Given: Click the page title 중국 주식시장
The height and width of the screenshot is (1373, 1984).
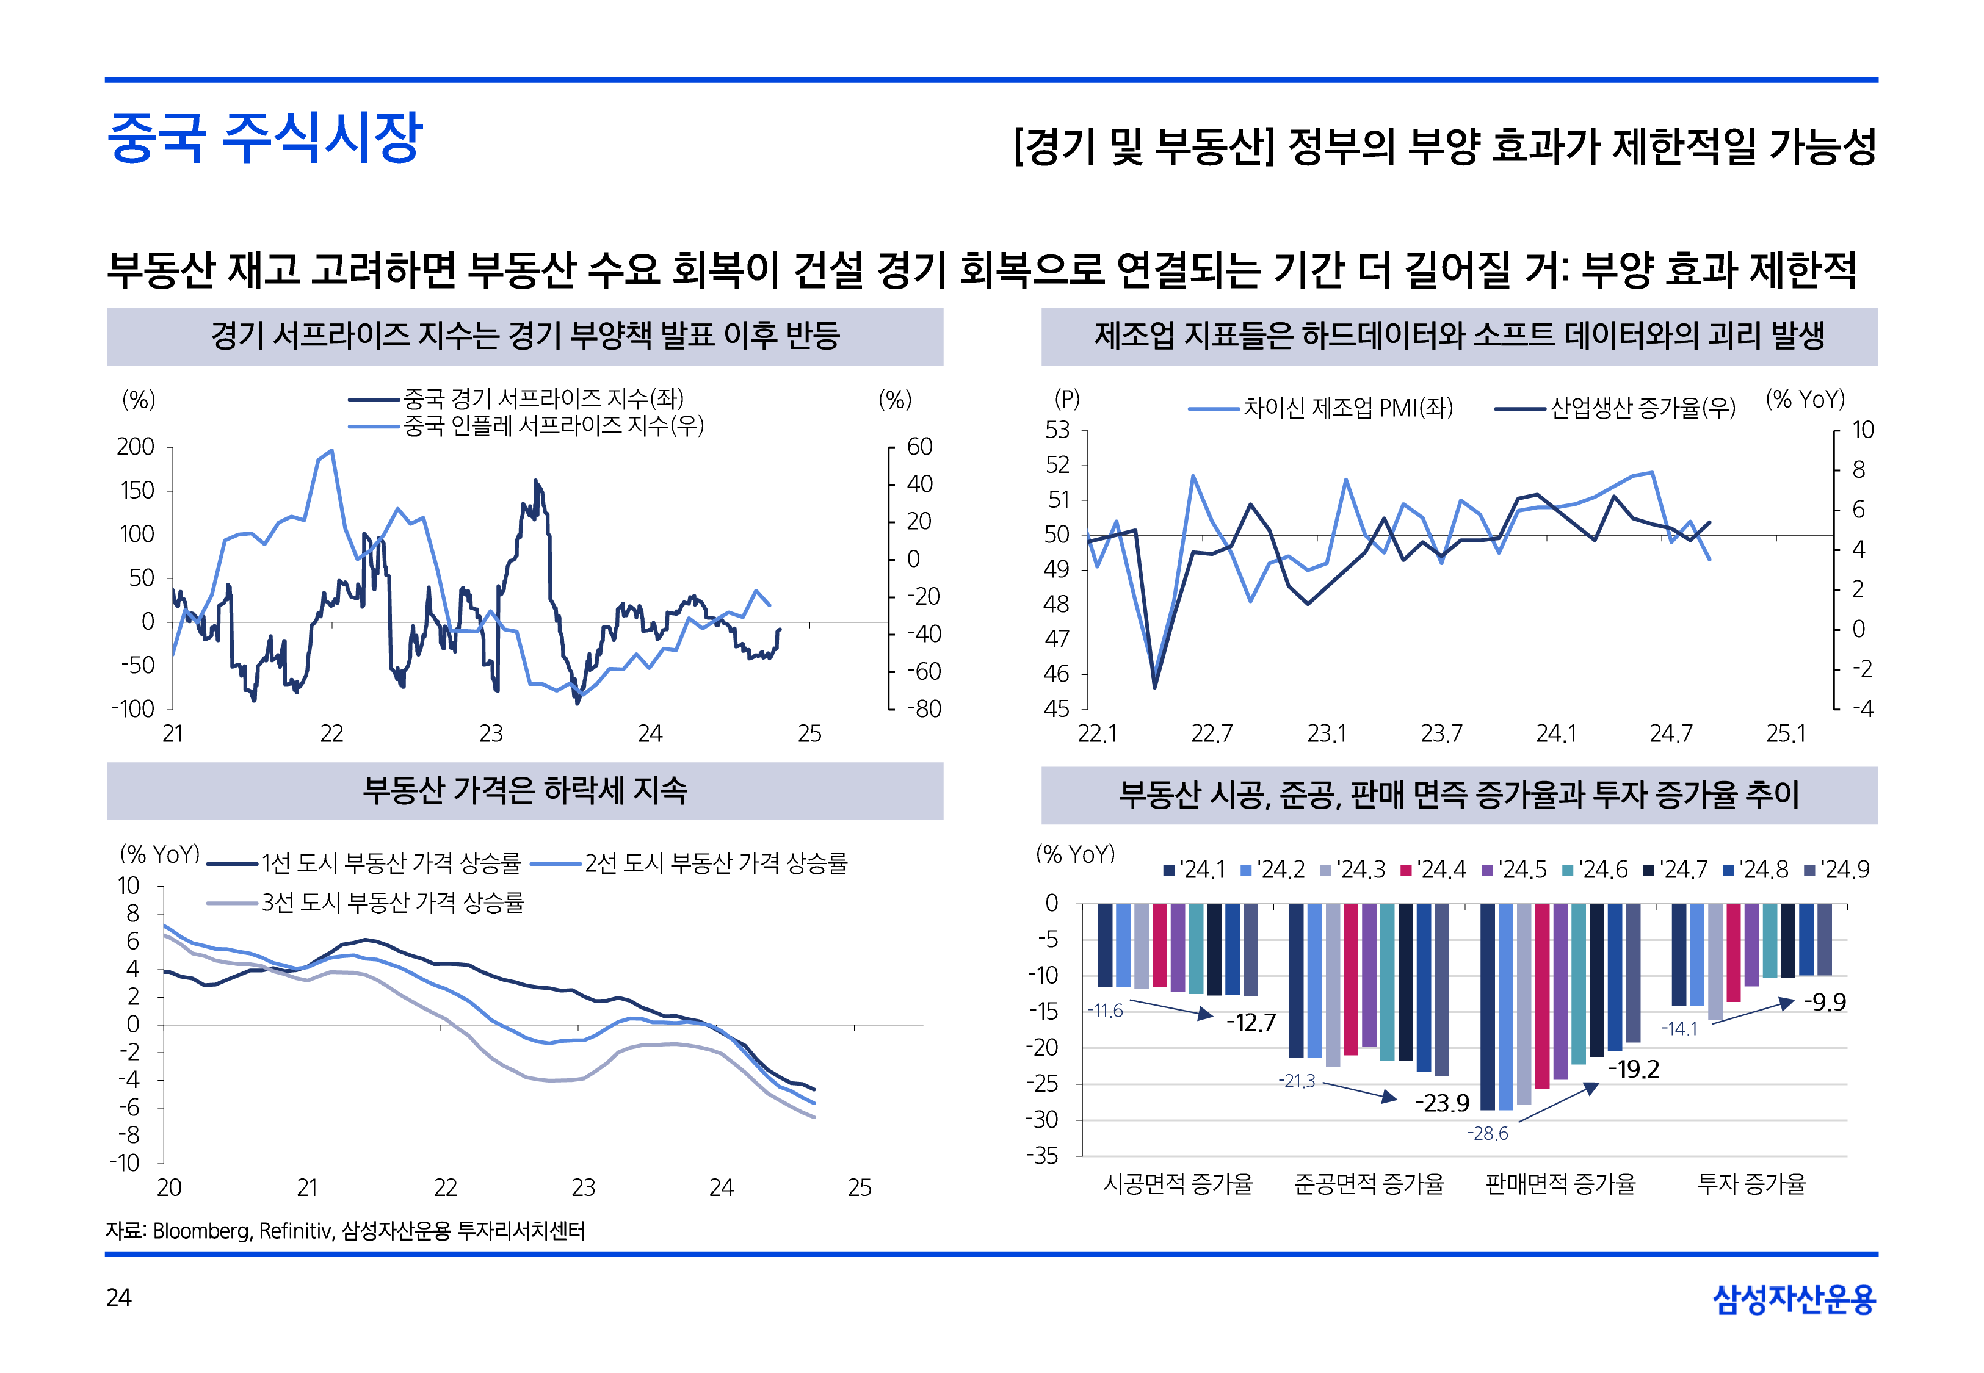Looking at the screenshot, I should pyautogui.click(x=264, y=138).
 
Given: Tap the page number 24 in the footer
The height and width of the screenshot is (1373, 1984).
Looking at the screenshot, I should pyautogui.click(x=118, y=1297).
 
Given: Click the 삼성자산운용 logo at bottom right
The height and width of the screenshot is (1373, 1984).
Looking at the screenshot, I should pyautogui.click(x=1794, y=1299).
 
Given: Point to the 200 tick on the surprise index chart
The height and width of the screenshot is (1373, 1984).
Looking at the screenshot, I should pyautogui.click(x=136, y=447).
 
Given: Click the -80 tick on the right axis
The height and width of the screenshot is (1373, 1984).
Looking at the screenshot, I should pyautogui.click(x=924, y=709).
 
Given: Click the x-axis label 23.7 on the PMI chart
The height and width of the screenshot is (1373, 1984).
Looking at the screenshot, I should pyautogui.click(x=1441, y=734).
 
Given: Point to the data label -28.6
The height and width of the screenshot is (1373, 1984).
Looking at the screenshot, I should pyautogui.click(x=1488, y=1134).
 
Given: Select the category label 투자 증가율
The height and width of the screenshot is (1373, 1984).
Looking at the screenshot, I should pyautogui.click(x=1751, y=1184).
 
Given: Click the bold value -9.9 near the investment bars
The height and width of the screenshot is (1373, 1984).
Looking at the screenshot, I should pyautogui.click(x=1824, y=1002).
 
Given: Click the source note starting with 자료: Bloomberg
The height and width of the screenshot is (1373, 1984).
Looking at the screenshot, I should pyautogui.click(x=345, y=1231).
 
